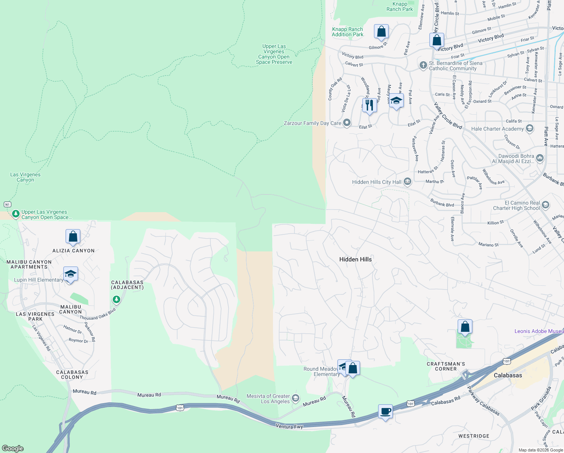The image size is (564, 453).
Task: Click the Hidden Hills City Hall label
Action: click(377, 182)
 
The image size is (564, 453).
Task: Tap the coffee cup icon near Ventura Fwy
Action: click(385, 411)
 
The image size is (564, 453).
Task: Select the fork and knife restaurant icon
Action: click(369, 105)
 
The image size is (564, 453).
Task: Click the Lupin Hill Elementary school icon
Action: click(70, 274)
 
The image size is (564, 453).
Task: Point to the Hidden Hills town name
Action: click(355, 259)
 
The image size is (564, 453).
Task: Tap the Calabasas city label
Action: click(508, 375)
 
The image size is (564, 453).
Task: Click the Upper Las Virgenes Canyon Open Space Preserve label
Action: click(274, 54)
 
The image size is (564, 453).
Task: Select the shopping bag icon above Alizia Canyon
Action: click(73, 236)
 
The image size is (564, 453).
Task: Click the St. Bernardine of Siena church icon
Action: click(423, 65)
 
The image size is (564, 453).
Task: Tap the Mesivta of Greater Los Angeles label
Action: click(268, 399)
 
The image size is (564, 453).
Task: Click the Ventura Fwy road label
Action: click(290, 427)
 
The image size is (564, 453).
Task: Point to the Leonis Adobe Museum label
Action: click(539, 331)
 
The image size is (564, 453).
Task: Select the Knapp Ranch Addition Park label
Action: click(348, 32)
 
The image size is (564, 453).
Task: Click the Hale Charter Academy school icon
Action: click(530, 128)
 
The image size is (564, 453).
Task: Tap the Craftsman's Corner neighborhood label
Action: click(446, 367)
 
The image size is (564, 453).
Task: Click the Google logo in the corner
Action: click(13, 448)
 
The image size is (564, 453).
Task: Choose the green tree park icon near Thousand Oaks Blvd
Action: click(116, 300)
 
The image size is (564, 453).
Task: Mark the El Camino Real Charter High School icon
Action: click(545, 205)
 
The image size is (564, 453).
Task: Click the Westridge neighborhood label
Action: click(474, 436)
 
